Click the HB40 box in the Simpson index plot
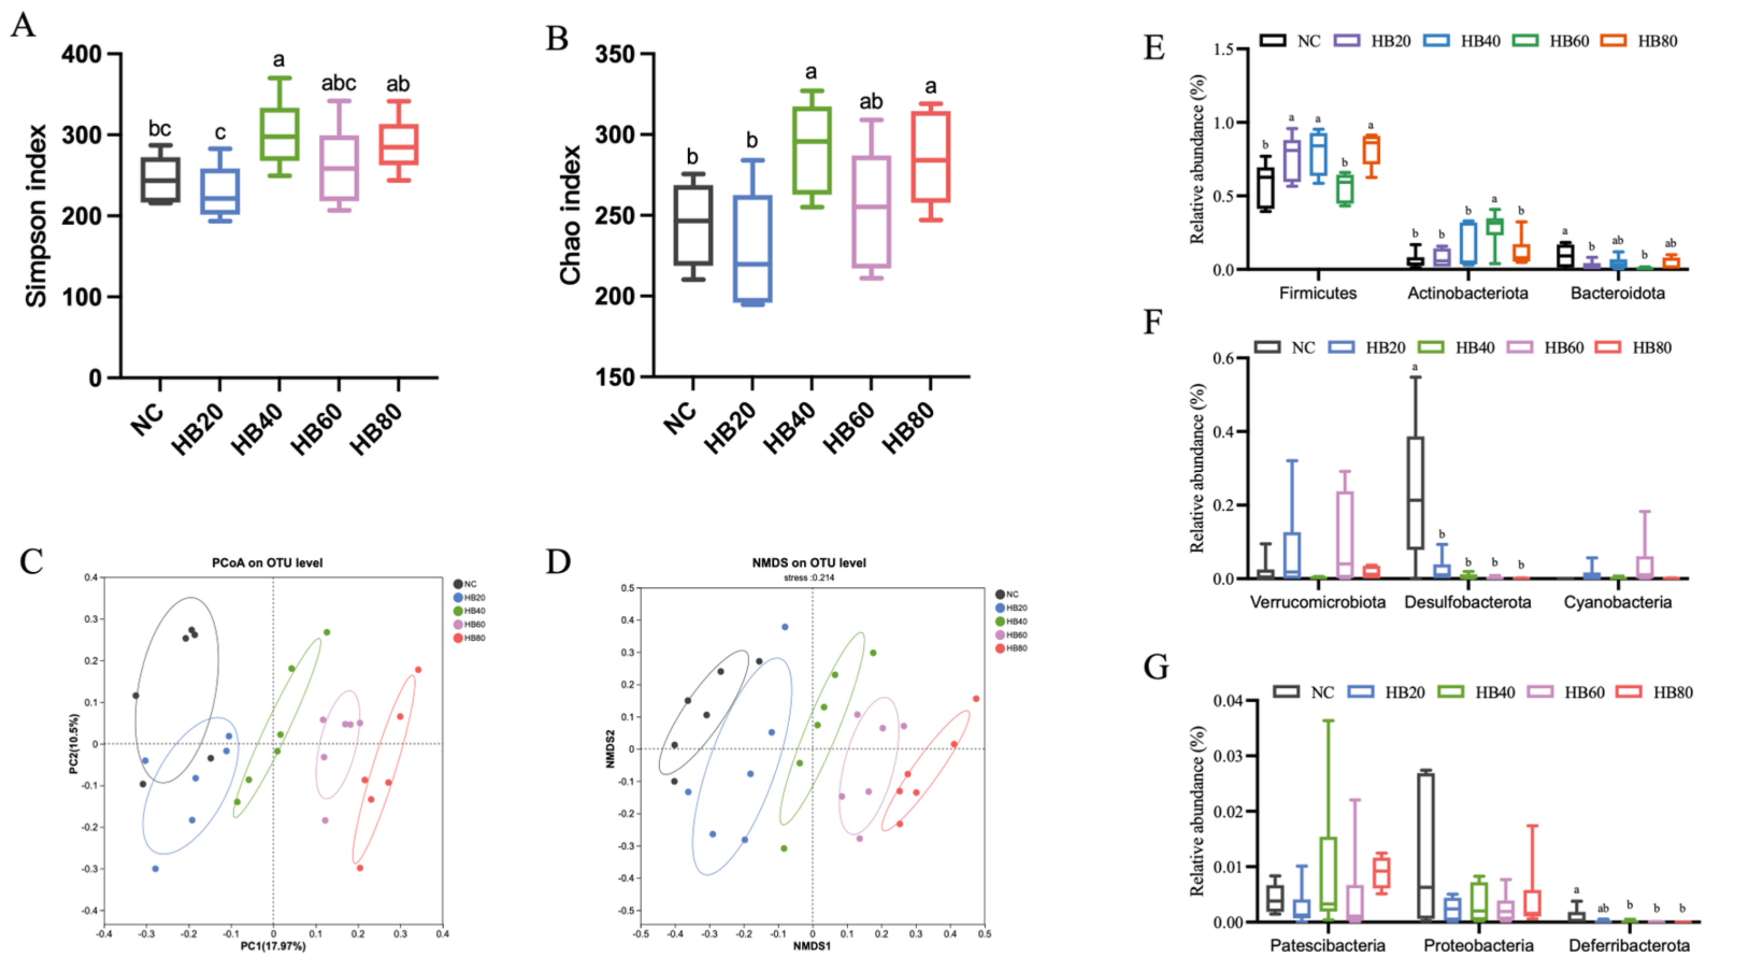(x=279, y=134)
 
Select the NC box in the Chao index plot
(x=693, y=225)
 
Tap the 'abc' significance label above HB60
(x=338, y=84)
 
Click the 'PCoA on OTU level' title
(x=267, y=563)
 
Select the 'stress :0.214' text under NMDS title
(x=809, y=578)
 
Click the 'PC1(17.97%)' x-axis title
(x=273, y=947)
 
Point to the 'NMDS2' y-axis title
(x=610, y=749)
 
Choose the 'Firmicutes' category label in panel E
(x=1317, y=293)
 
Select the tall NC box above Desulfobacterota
(x=1415, y=492)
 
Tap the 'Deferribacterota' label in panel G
(x=1629, y=945)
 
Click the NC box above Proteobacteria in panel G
(x=1425, y=846)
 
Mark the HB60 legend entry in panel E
(x=1558, y=41)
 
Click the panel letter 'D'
(x=558, y=562)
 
